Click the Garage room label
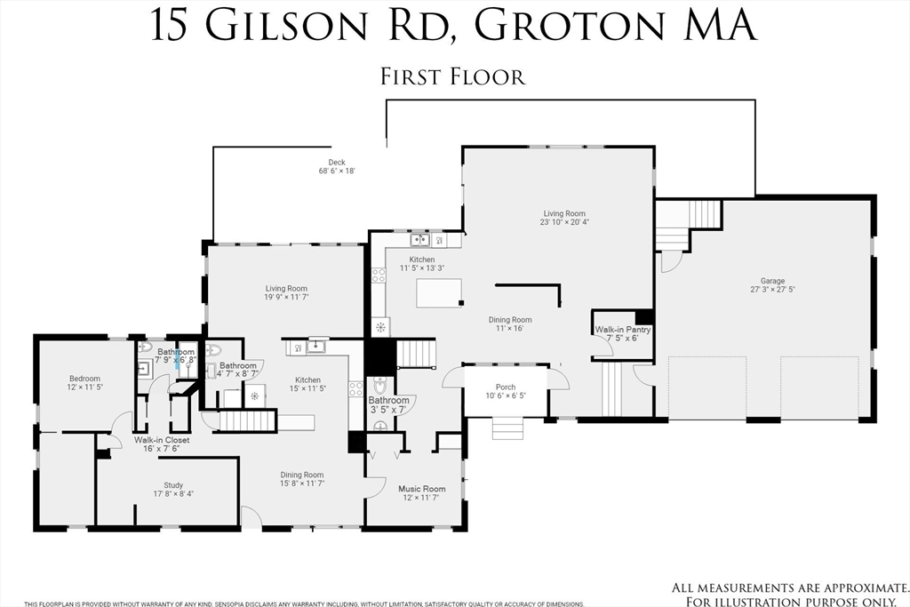(x=766, y=281)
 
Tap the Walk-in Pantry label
(x=622, y=330)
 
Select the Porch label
(x=506, y=387)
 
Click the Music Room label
(x=421, y=489)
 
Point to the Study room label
(x=173, y=485)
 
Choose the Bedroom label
(x=84, y=379)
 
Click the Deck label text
(x=337, y=163)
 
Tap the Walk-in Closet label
(x=162, y=440)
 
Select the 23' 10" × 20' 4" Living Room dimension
(x=564, y=222)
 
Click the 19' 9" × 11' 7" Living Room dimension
(x=285, y=298)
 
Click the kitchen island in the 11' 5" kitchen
(x=440, y=292)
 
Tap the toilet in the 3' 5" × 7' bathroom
(x=381, y=387)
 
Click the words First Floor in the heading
(x=453, y=76)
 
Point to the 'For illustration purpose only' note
(x=791, y=600)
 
